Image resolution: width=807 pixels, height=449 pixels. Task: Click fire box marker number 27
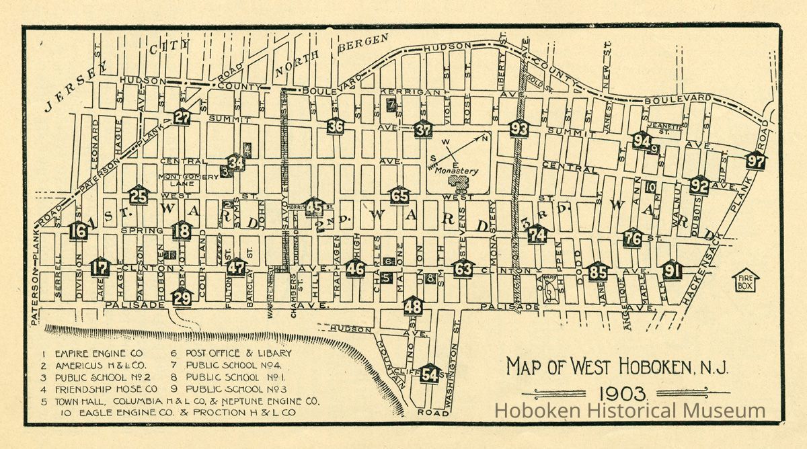tap(182, 117)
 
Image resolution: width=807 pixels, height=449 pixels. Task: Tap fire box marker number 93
tap(519, 128)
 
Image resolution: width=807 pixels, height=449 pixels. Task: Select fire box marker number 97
tap(756, 161)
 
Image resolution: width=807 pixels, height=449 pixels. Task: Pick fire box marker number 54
tap(430, 374)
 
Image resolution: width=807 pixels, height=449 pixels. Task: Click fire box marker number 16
tap(78, 232)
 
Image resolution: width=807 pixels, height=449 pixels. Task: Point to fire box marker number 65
tap(399, 196)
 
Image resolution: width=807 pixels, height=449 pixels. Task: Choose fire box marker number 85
tap(598, 273)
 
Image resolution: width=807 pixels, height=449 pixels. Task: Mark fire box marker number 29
tap(182, 297)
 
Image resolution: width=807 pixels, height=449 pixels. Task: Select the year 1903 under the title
tap(615, 394)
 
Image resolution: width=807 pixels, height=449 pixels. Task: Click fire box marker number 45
tap(313, 208)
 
